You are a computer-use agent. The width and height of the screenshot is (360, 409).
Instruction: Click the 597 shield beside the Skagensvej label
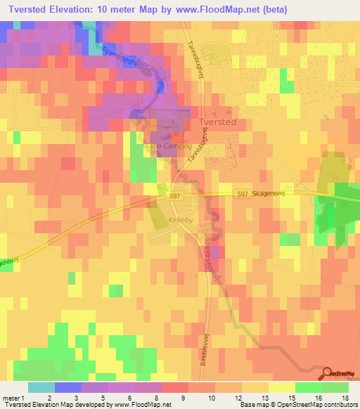tap(241, 194)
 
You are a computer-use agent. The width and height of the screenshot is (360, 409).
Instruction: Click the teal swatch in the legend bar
tap(41, 387)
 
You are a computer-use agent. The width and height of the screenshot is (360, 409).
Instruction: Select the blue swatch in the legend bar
tap(68, 387)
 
